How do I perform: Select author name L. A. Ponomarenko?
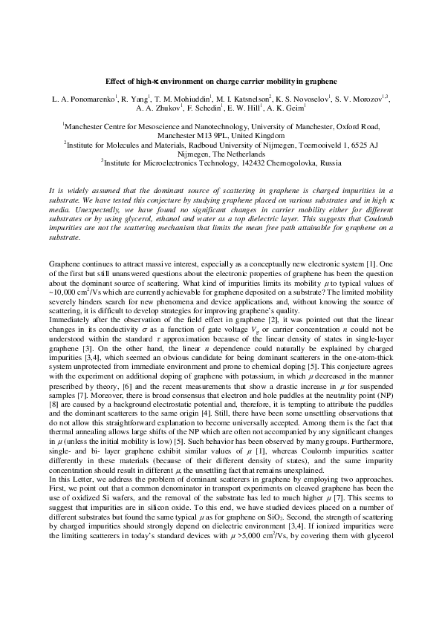(x=76, y=98)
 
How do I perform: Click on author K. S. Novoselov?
(x=302, y=98)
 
